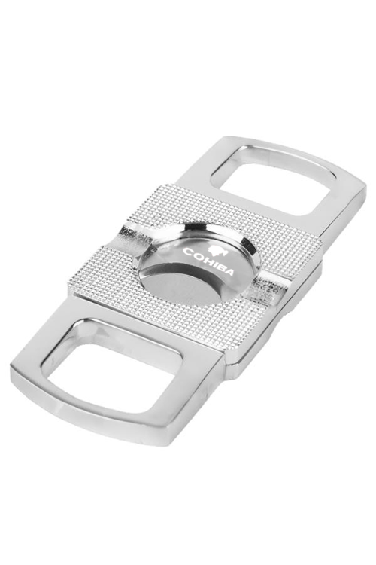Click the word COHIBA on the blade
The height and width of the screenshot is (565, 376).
coord(208,261)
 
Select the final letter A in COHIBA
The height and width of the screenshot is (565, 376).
coord(229,272)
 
